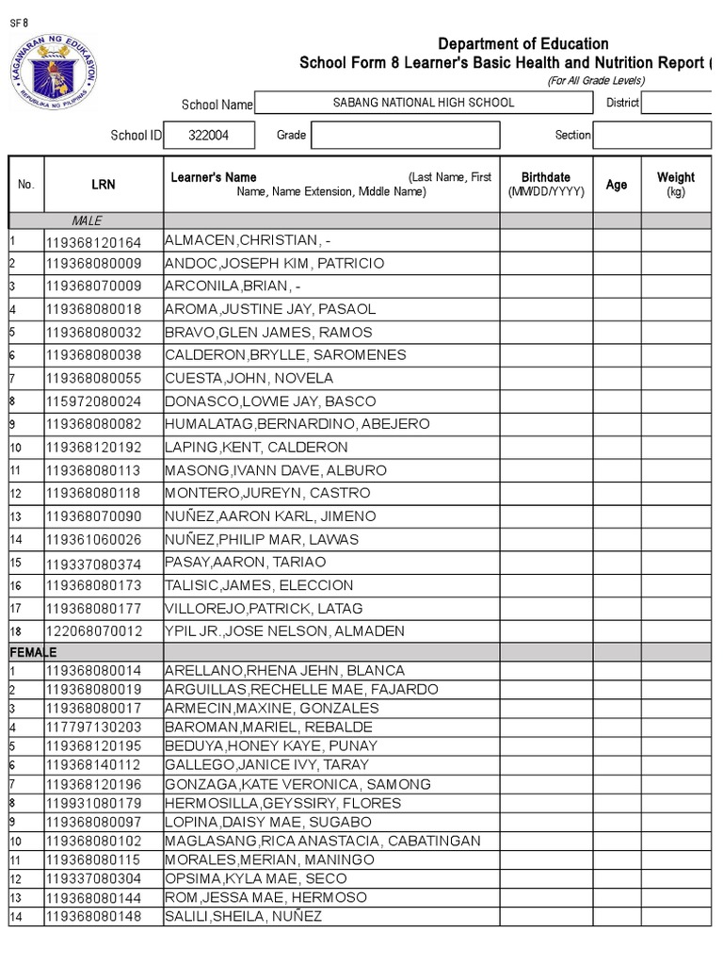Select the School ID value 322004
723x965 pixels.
208,135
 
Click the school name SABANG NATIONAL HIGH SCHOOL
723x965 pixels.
424,102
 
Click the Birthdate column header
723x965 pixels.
546,184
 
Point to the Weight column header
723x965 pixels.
675,184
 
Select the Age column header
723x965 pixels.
617,185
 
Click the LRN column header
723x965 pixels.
104,185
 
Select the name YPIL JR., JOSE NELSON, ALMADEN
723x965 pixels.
284,631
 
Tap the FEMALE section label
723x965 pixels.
34,652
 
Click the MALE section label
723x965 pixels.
87,221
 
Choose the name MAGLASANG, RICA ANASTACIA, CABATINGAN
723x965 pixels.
322,841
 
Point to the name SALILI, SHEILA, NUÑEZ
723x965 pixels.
243,916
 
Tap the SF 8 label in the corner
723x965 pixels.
18,25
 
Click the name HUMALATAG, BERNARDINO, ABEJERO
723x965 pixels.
297,424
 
